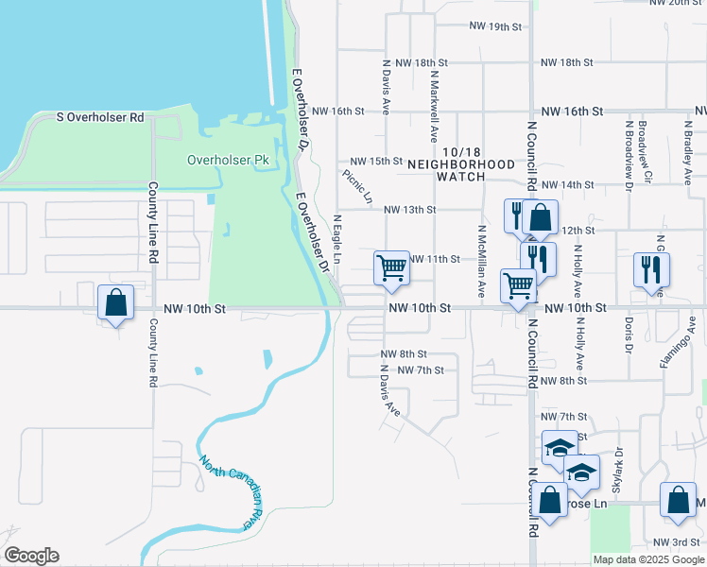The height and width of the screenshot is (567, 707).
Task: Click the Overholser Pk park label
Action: pos(228,160)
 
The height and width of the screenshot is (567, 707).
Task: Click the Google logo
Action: pos(31,556)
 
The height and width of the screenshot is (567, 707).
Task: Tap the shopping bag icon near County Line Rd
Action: pos(115,303)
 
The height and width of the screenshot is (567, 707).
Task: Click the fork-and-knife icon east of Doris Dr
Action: pos(651,269)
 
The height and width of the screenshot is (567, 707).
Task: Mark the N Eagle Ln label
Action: pos(336,238)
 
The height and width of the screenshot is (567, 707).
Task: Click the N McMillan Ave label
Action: pos(481,262)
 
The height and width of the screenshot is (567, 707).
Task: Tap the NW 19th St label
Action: pos(497,26)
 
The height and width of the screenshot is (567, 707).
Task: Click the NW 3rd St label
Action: pos(674,541)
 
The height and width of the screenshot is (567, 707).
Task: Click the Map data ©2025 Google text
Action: pos(648,559)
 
